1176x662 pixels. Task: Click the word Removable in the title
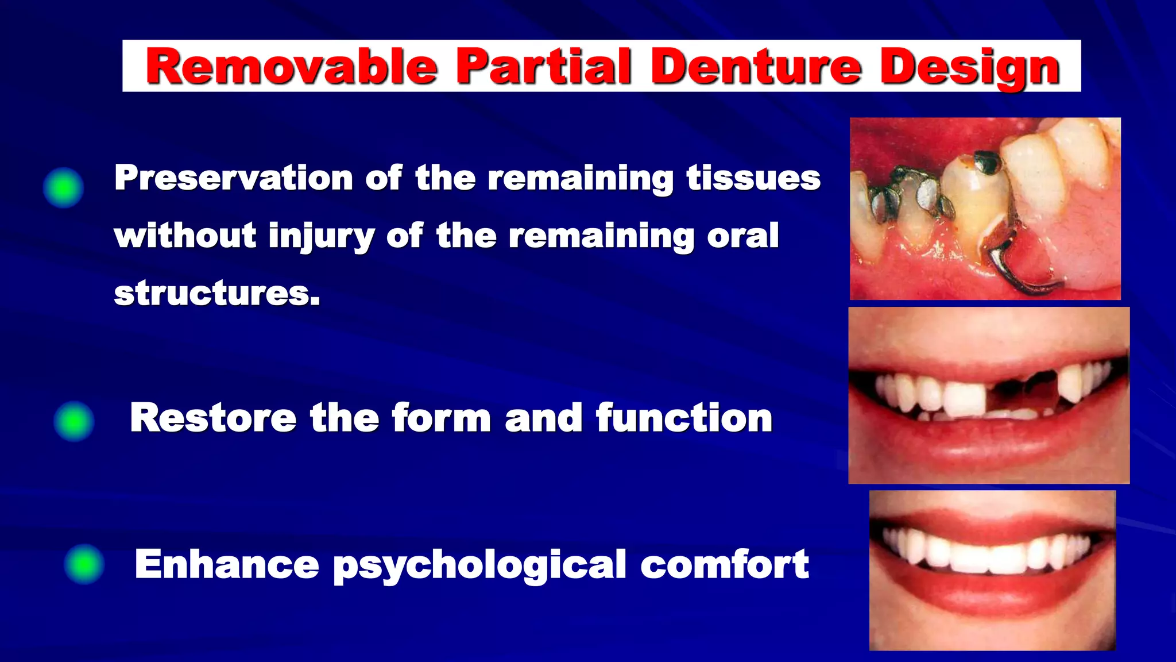coord(292,67)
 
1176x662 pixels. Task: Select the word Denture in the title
coord(756,67)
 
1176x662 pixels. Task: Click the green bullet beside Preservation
coord(63,187)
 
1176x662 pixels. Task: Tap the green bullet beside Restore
coord(73,421)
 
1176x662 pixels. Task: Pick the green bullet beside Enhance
coord(84,564)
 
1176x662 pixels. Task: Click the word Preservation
coord(233,178)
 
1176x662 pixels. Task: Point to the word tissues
coord(753,178)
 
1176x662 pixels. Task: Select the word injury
coord(321,237)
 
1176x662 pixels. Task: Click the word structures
coord(216,294)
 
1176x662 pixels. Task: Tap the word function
coord(684,418)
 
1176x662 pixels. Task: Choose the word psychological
coord(479,565)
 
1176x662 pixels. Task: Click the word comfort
coord(725,565)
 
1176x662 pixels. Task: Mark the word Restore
coord(212,418)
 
